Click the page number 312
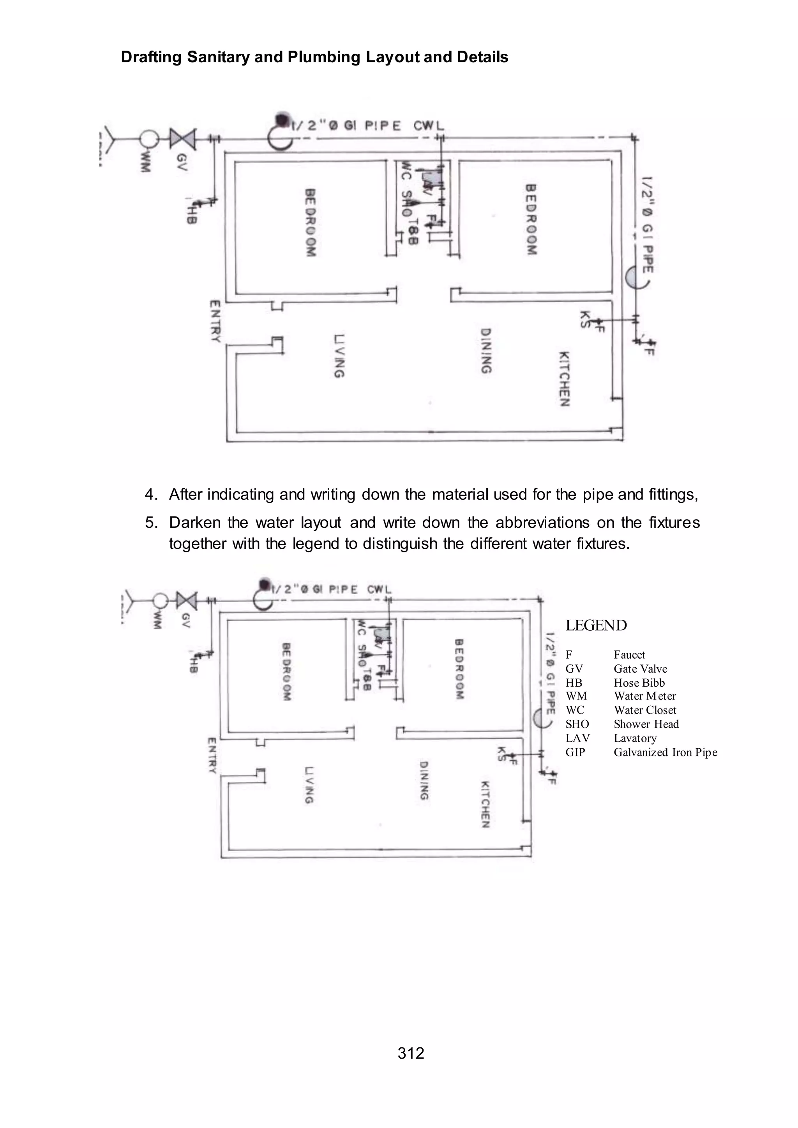411,1053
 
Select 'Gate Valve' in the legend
640,669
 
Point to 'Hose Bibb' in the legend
639,682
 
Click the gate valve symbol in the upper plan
183,139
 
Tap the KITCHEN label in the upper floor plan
565,379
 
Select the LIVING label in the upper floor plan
339,356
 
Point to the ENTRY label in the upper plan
215,321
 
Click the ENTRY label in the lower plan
212,755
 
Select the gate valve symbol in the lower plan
186,600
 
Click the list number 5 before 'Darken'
151,522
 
